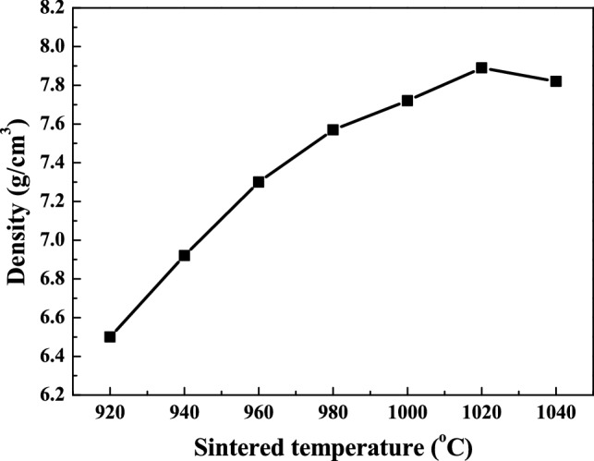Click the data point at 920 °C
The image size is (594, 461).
click(110, 336)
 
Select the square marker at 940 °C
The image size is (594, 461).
click(185, 255)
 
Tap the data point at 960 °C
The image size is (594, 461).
click(259, 182)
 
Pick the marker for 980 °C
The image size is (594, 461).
click(333, 129)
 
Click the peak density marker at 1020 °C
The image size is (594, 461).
click(481, 67)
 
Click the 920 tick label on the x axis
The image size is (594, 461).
click(110, 412)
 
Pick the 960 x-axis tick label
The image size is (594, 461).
click(259, 412)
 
